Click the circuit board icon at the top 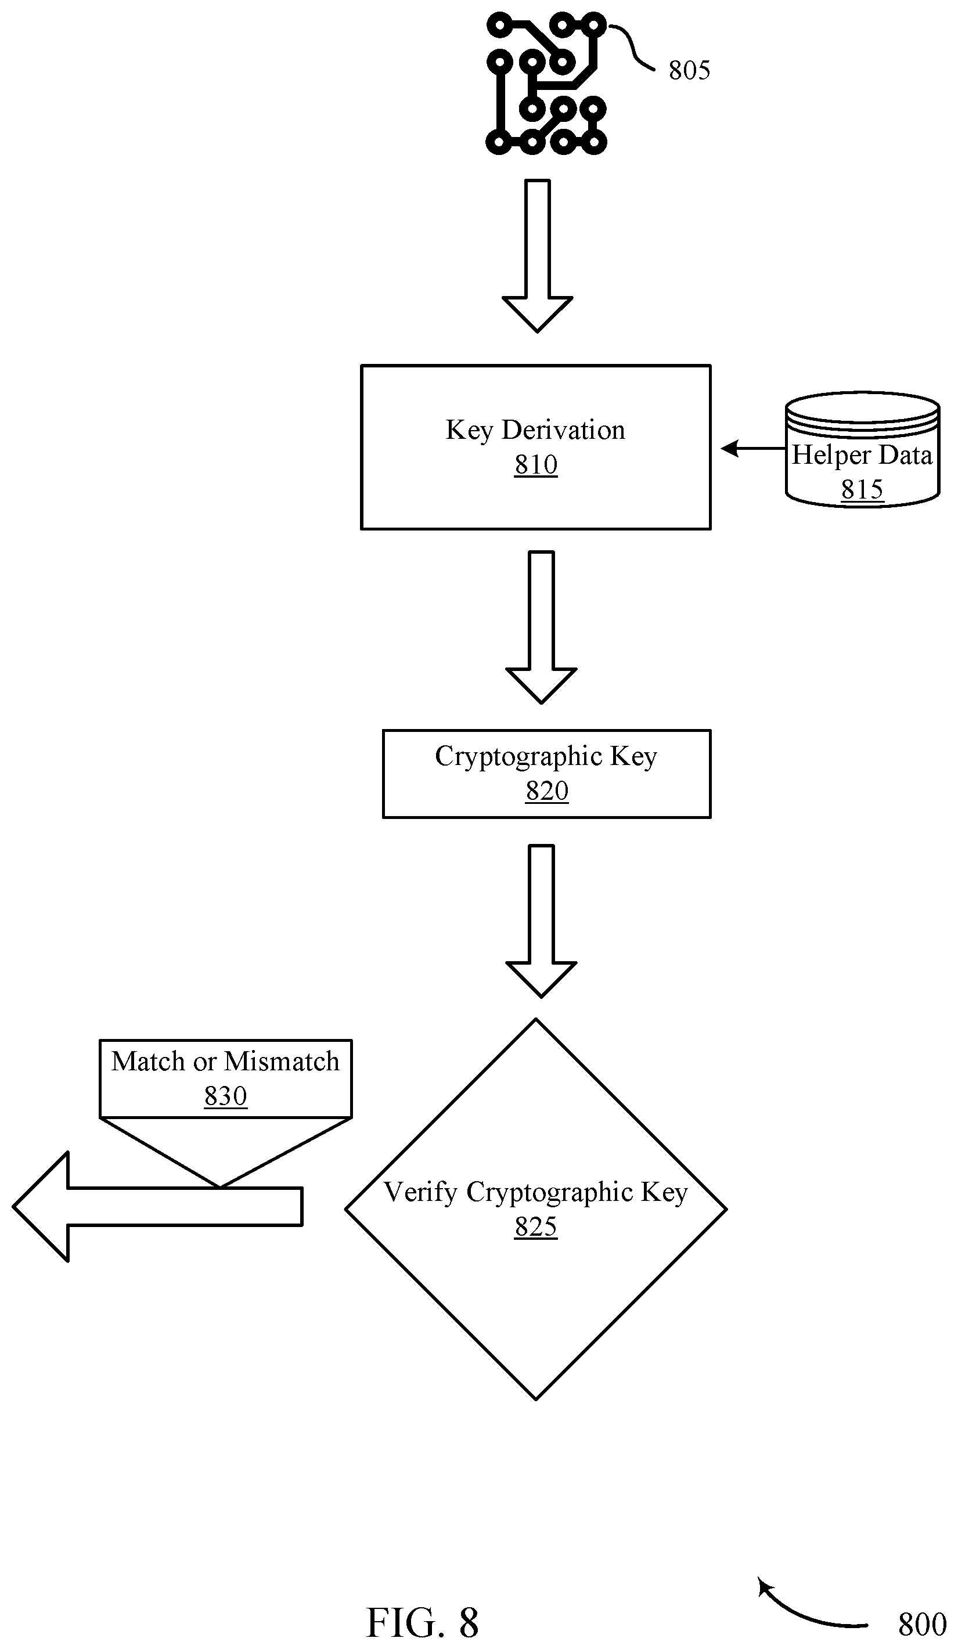coord(546,83)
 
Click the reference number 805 coord(689,70)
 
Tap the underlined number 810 coord(536,464)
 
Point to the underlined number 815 coord(862,489)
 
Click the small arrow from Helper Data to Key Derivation coord(752,449)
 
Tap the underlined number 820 coord(547,791)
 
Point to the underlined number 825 coord(536,1227)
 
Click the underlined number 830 coord(225,1096)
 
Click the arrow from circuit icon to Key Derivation coord(537,256)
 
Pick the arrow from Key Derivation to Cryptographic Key coord(541,627)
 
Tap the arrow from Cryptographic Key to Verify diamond coord(541,921)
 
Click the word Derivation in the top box coord(563,431)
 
